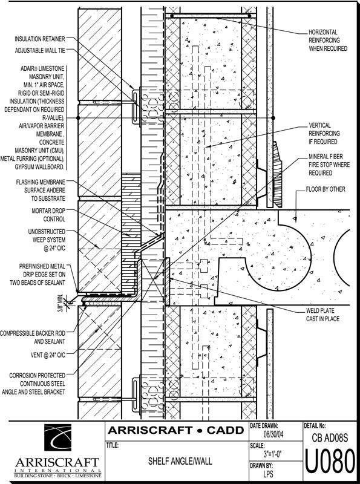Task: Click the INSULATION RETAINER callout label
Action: point(40,39)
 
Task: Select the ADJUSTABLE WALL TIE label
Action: point(40,50)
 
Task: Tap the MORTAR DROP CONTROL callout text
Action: point(48,215)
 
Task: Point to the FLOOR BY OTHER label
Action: point(326,189)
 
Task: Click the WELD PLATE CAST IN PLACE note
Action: point(322,315)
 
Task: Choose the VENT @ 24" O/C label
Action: point(48,355)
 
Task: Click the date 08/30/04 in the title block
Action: point(273,434)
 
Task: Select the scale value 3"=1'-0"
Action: point(273,454)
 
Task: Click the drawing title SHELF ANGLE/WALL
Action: point(180,461)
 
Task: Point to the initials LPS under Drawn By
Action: point(268,474)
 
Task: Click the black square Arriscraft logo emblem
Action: point(57,437)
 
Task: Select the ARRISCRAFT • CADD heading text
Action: point(175,430)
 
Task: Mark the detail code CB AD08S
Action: point(330,437)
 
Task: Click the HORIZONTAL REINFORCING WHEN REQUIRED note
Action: point(328,40)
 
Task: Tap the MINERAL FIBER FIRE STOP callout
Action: point(329,165)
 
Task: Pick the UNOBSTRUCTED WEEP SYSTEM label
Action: point(47,240)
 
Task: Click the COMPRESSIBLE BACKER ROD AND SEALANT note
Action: point(33,338)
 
